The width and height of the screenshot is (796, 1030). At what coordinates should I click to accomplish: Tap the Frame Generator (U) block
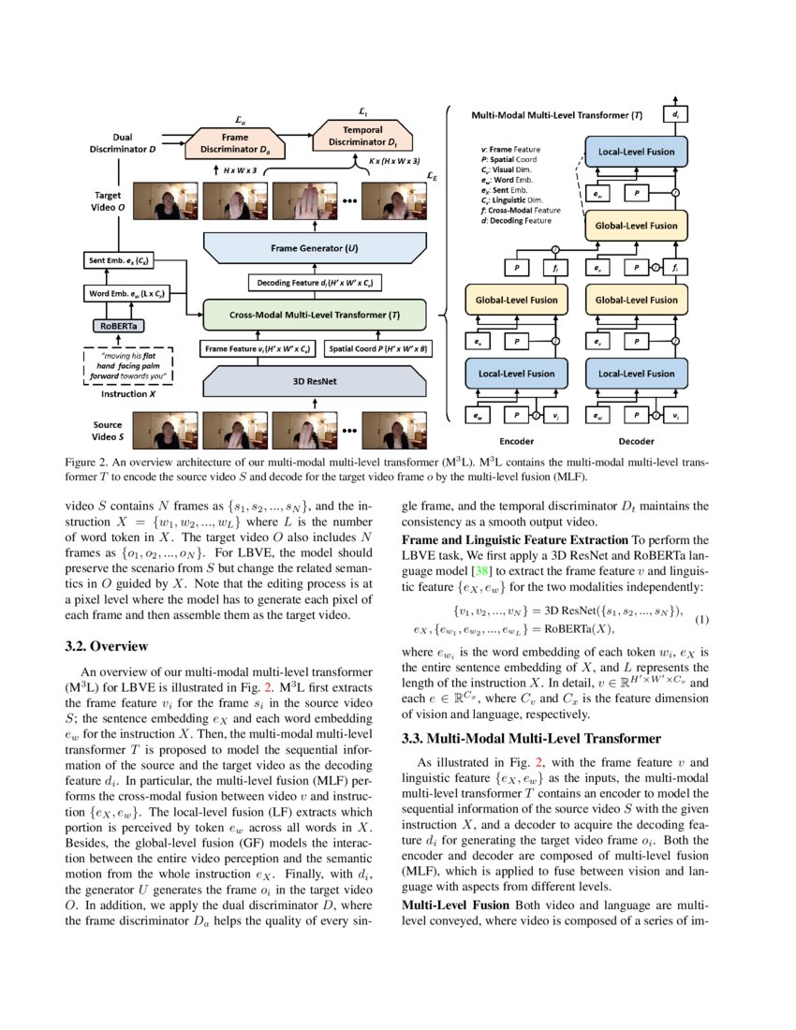click(315, 249)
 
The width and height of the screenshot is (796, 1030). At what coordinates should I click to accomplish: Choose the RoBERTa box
click(118, 327)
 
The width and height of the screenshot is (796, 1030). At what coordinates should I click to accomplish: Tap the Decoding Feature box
click(315, 282)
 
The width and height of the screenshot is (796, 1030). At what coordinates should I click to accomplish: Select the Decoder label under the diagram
click(636, 440)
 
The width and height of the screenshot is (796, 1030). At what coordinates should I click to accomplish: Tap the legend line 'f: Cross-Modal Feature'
click(520, 212)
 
